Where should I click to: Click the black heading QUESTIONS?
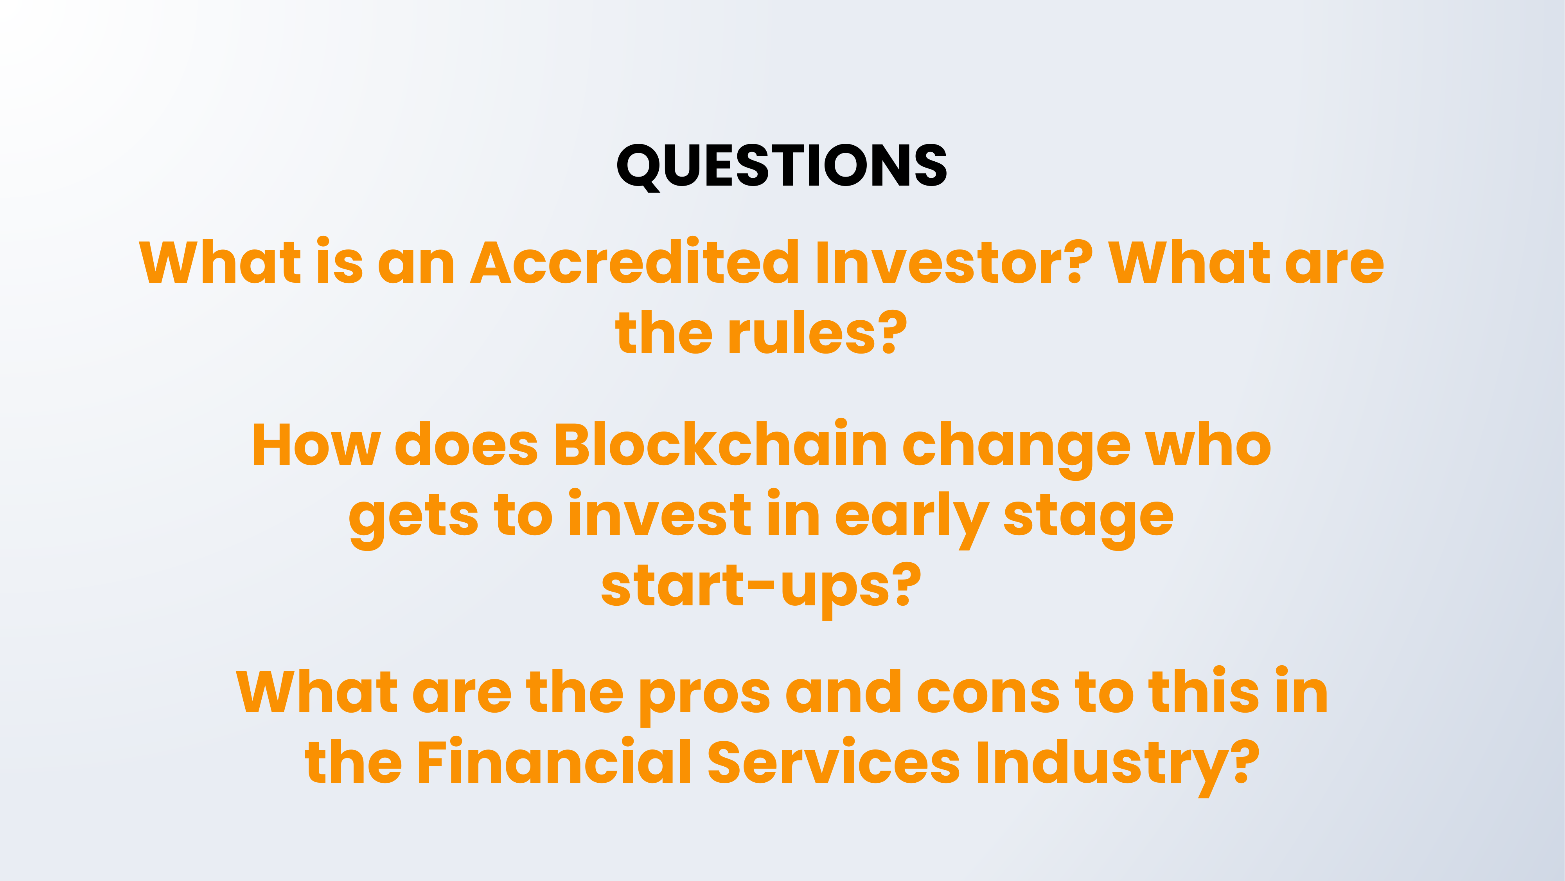pos(782,166)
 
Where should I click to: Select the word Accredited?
pos(635,262)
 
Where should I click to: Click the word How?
pos(316,445)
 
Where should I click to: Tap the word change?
pos(1016,449)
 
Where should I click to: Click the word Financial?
pos(555,761)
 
